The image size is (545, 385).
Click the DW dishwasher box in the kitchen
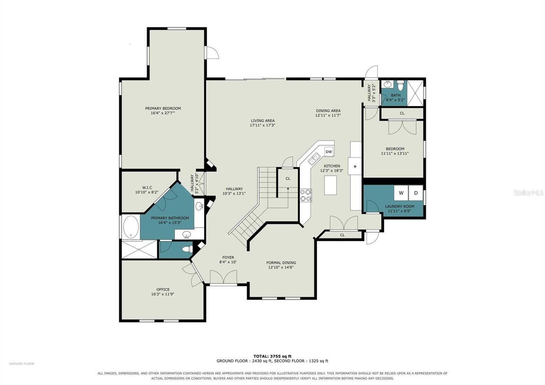pos(329,152)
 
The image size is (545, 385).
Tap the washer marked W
pos(401,193)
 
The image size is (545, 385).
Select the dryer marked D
pos(416,193)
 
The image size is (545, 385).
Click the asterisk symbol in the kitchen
pos(355,167)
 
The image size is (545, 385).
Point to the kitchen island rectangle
pos(330,185)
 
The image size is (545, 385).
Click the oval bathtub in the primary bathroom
pos(131,227)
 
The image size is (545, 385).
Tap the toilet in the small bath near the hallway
pos(400,85)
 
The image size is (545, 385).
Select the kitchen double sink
pos(314,159)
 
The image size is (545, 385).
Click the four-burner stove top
pos(306,196)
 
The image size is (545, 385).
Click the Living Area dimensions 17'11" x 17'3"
pos(263,125)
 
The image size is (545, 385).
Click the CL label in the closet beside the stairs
pos(288,179)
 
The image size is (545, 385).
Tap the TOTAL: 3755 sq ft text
pos(272,356)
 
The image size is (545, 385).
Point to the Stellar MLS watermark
pos(528,193)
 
